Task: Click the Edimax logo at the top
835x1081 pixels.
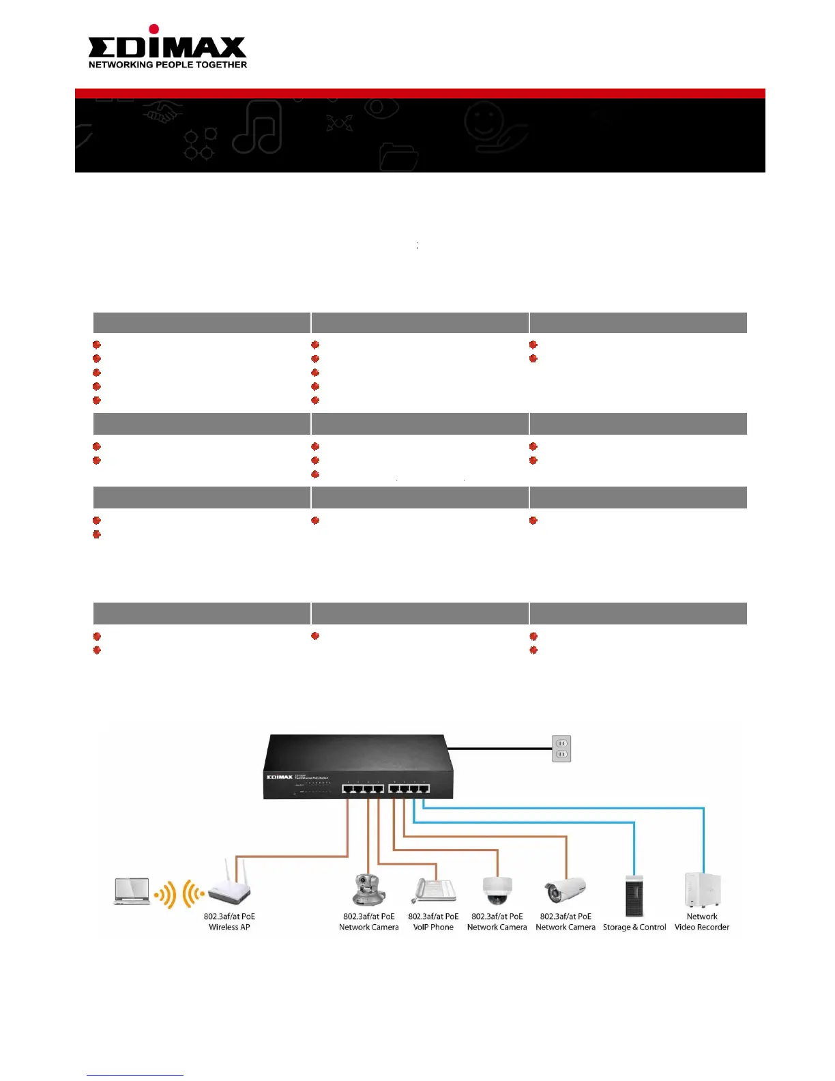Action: [167, 46]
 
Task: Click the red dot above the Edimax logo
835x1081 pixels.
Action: [154, 29]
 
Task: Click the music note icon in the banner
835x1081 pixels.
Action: [258, 127]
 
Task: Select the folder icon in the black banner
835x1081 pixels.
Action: [398, 157]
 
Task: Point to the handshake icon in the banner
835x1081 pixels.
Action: [162, 113]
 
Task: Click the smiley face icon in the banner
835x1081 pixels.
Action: [484, 122]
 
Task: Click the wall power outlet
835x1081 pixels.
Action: [561, 749]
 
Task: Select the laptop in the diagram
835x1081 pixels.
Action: [132, 891]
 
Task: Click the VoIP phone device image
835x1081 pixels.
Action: [434, 891]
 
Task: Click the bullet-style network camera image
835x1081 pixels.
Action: [565, 890]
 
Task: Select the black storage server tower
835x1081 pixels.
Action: [634, 895]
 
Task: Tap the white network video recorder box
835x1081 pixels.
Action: [703, 891]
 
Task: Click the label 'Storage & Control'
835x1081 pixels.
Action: [634, 927]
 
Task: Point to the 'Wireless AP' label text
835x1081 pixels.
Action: [229, 927]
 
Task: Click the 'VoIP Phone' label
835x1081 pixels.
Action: [433, 927]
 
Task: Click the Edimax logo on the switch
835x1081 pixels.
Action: [279, 777]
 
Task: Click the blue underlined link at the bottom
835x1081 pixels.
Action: [135, 1075]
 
